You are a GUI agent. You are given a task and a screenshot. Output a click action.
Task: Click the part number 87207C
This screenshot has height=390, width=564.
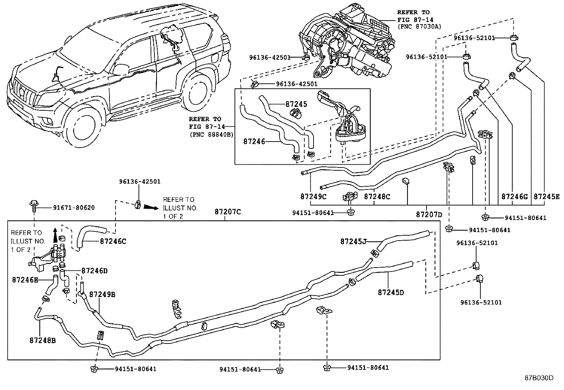[x=227, y=212]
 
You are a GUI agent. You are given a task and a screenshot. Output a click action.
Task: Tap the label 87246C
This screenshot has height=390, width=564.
[x=113, y=241]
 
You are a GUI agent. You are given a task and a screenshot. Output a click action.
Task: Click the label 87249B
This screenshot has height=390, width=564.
[x=102, y=295]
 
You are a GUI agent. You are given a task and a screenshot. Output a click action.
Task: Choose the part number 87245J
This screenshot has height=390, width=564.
[x=353, y=241]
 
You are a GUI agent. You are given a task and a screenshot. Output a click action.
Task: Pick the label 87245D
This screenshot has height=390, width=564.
[x=391, y=292]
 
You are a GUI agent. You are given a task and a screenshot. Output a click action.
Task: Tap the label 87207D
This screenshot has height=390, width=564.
[x=429, y=214]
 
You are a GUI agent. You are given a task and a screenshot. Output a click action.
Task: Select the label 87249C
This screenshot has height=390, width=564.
[x=313, y=196]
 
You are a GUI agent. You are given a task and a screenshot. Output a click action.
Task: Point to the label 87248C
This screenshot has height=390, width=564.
[x=377, y=196]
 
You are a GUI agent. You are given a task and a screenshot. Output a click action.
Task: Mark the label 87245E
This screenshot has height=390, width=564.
[x=547, y=196]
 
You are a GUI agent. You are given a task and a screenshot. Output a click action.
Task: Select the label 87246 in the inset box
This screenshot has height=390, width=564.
[x=254, y=141]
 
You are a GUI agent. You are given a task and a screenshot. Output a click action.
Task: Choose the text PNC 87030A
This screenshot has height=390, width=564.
[x=419, y=26]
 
